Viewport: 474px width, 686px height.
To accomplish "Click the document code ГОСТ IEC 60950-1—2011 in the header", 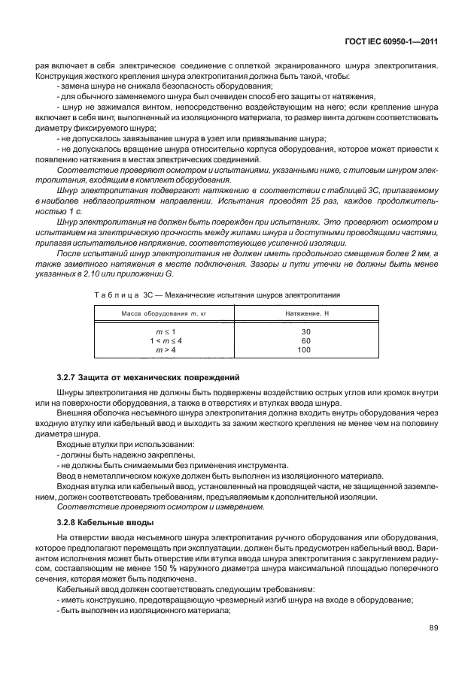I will pyautogui.click(x=390, y=42).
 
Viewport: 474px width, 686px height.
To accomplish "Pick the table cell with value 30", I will pyautogui.click(x=305, y=331).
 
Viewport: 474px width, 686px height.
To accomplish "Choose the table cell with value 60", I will pyautogui.click(x=305, y=340).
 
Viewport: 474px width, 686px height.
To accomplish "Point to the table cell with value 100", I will pyautogui.click(x=304, y=349).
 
